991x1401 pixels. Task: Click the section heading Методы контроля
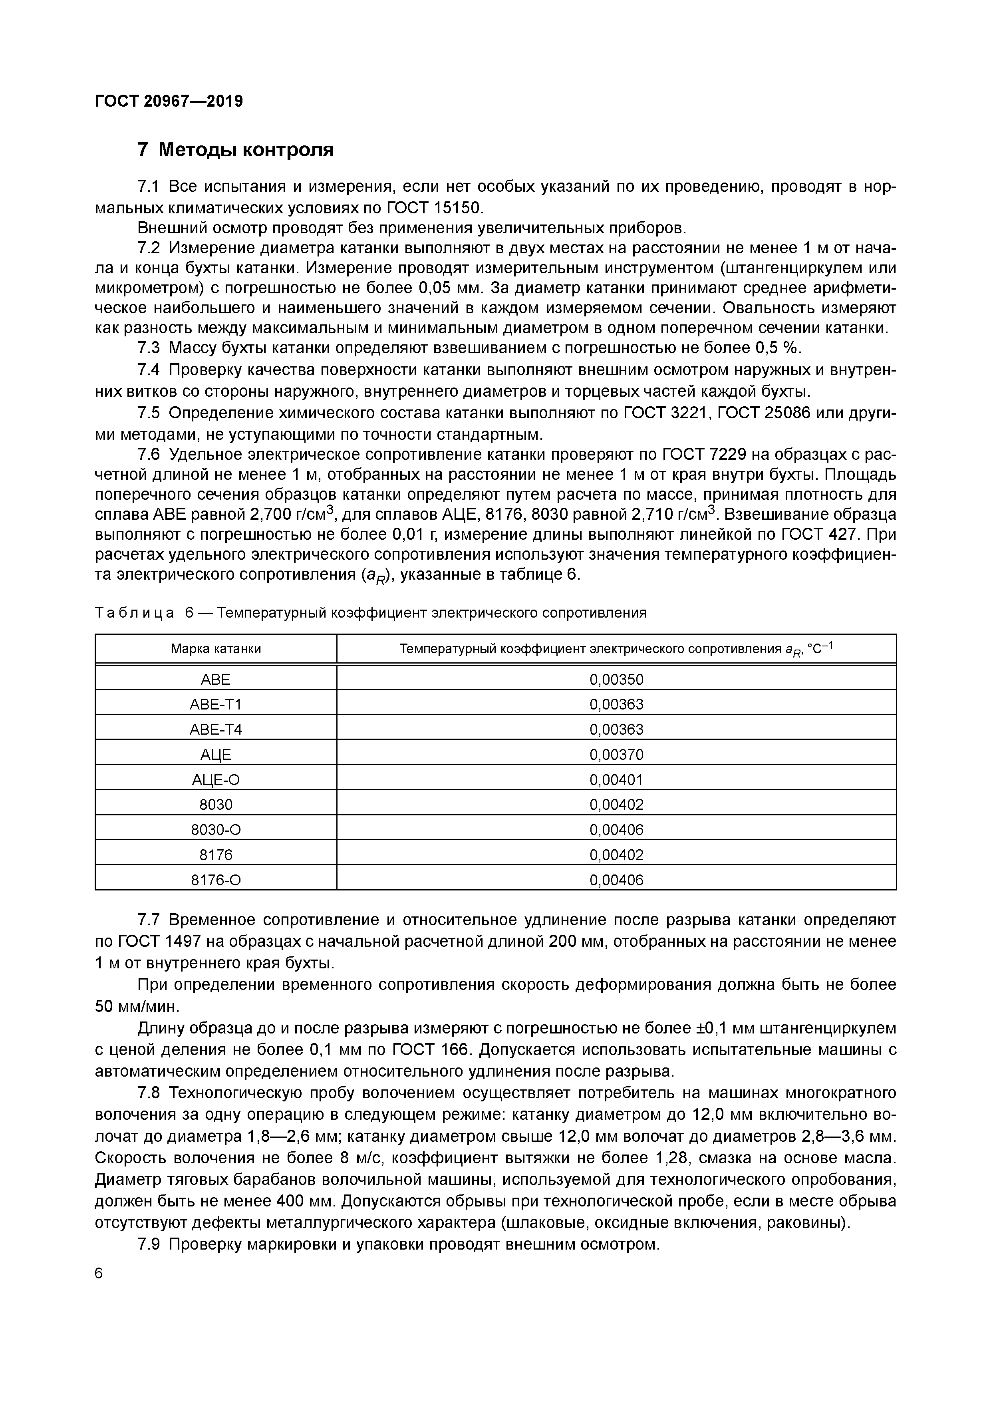click(246, 149)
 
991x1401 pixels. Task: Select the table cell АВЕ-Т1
click(216, 704)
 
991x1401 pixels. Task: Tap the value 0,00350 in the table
click(616, 679)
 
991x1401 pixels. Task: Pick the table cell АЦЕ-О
click(216, 779)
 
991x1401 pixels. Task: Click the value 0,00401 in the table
click(616, 779)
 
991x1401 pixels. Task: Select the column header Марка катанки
click(216, 649)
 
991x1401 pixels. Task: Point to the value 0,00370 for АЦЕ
click(616, 755)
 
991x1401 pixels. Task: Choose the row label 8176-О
click(216, 879)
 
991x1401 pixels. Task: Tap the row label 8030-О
click(216, 829)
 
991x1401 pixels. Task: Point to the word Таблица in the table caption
click(134, 613)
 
